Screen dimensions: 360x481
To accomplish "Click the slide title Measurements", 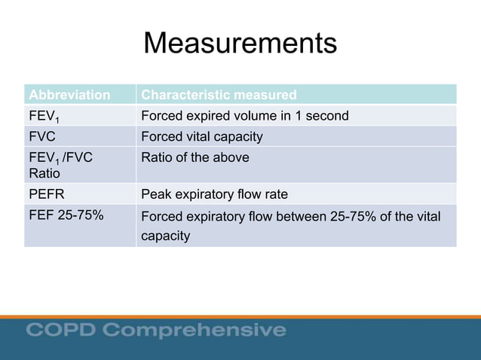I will pyautogui.click(x=240, y=44).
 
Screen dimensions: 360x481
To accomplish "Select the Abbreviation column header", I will pyautogui.click(x=69, y=95).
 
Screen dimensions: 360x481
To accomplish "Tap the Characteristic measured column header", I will pyautogui.click(x=219, y=95).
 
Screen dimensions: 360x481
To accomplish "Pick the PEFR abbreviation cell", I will pyautogui.click(x=46, y=194).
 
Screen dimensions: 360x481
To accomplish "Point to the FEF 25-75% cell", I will pyautogui.click(x=66, y=216).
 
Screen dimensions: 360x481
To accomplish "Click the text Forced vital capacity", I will pyautogui.click(x=202, y=137).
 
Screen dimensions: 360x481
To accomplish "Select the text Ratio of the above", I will pyautogui.click(x=195, y=157).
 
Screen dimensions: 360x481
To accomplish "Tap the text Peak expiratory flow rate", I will pyautogui.click(x=215, y=194).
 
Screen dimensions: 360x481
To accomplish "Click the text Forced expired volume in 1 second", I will pyautogui.click(x=245, y=116).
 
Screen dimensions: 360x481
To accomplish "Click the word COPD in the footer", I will pyautogui.click(x=61, y=330).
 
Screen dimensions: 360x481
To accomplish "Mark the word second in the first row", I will pyautogui.click(x=327, y=116).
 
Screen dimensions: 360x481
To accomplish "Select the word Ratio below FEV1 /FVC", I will pyautogui.click(x=42, y=173).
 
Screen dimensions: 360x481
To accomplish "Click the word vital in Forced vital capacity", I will pyautogui.click(x=200, y=137).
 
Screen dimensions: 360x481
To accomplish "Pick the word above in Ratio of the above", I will pyautogui.click(x=231, y=157).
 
